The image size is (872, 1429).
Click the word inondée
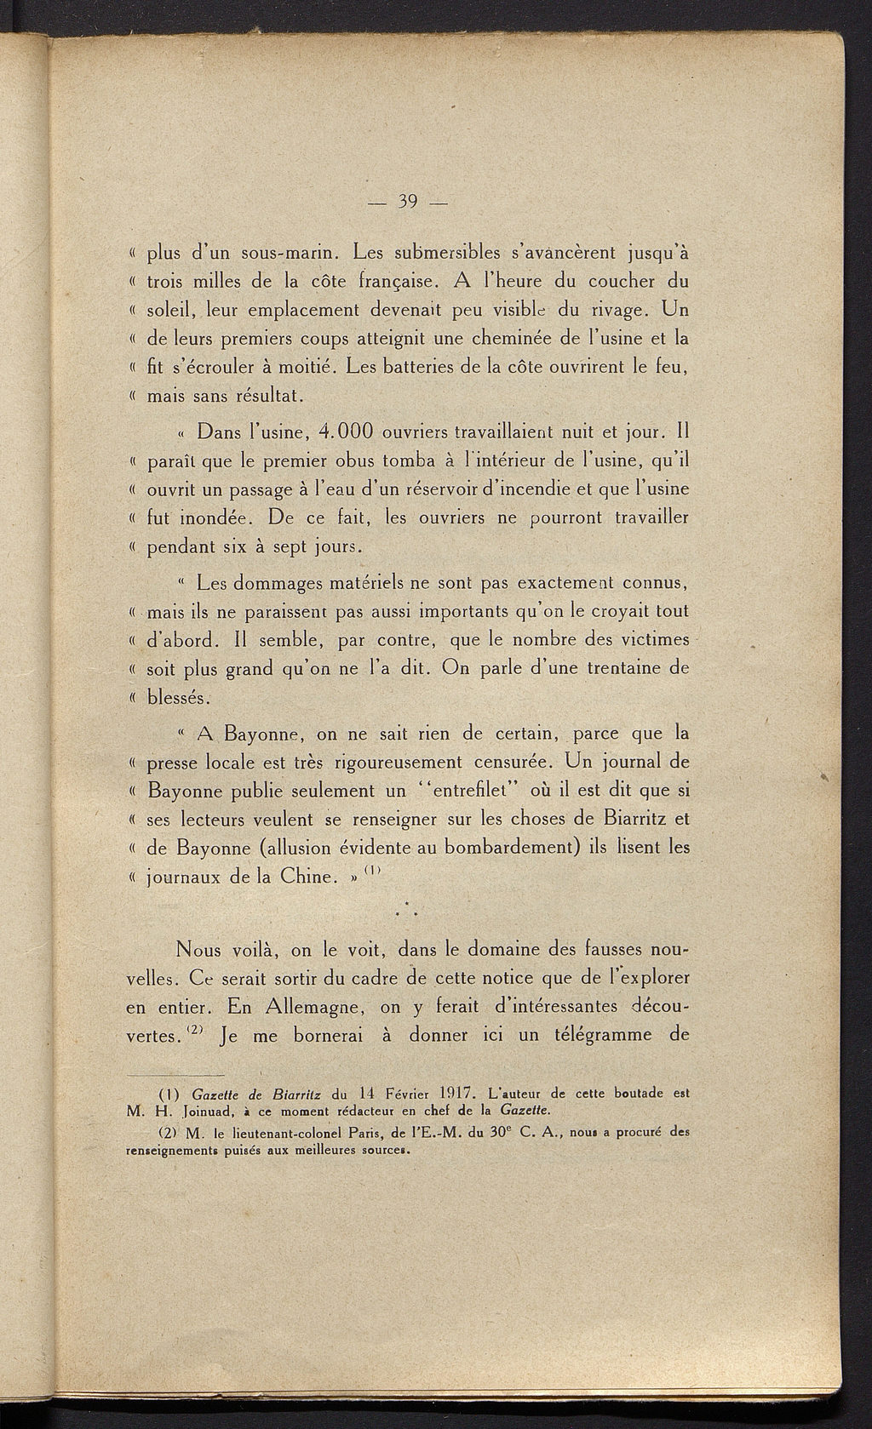[x=208, y=518]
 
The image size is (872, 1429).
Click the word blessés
[x=178, y=697]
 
